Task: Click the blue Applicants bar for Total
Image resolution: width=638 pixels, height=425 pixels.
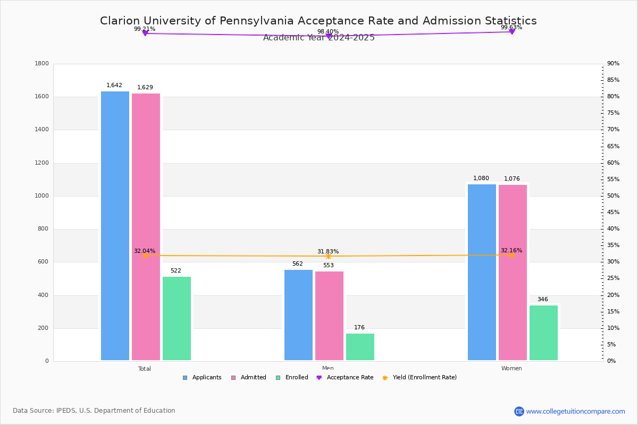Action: pyautogui.click(x=115, y=226)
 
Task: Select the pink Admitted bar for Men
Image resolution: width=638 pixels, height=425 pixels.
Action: pyautogui.click(x=329, y=316)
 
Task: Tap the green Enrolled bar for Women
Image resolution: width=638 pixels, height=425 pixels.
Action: pyautogui.click(x=543, y=333)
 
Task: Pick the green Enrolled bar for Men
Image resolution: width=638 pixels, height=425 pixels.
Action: pyautogui.click(x=360, y=347)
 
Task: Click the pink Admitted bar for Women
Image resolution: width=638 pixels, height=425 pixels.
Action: pyautogui.click(x=513, y=272)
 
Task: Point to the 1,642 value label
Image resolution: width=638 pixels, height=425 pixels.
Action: pyautogui.click(x=114, y=85)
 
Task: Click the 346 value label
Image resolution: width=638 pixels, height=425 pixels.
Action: pyautogui.click(x=542, y=299)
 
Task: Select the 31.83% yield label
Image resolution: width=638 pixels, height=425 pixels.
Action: pyautogui.click(x=328, y=251)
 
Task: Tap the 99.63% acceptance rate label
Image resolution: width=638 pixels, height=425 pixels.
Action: pyautogui.click(x=511, y=27)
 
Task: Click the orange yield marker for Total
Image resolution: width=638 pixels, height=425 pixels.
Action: pyautogui.click(x=145, y=256)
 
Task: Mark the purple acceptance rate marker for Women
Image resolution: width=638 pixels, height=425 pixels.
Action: pyautogui.click(x=512, y=32)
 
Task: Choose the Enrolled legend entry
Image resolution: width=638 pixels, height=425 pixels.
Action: pyautogui.click(x=292, y=378)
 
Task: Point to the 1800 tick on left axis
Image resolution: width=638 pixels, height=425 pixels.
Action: pyautogui.click(x=42, y=64)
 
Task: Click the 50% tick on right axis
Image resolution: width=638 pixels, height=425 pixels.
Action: pyautogui.click(x=613, y=196)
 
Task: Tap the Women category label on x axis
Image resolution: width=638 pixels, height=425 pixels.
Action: pyautogui.click(x=511, y=369)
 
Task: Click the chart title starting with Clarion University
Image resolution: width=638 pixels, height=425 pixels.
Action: pyautogui.click(x=318, y=21)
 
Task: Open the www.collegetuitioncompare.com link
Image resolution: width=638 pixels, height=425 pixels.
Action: pyautogui.click(x=575, y=411)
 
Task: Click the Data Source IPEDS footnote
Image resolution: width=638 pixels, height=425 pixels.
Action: pyautogui.click(x=94, y=411)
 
